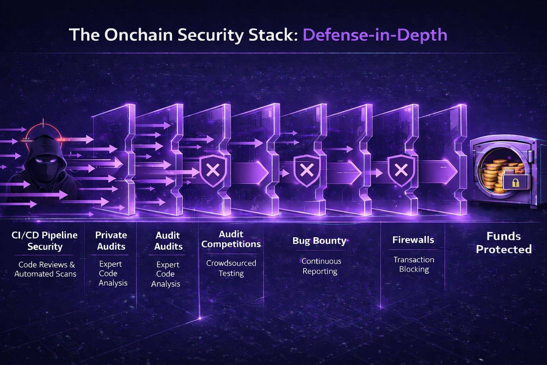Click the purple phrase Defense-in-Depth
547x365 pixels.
pos(375,35)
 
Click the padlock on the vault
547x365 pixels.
pos(515,183)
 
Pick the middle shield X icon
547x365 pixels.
pos(307,170)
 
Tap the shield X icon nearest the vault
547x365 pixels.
pos(401,170)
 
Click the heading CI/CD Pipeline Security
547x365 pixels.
pos(45,241)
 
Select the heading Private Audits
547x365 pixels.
pos(111,241)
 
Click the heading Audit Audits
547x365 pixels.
pos(168,241)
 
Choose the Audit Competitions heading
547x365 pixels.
pos(231,239)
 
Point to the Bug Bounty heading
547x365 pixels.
pos(319,241)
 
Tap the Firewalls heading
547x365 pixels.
pos(413,240)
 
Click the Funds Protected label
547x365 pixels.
pos(503,242)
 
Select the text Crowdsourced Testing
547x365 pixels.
pos(231,268)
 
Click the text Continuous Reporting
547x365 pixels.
pos(321,266)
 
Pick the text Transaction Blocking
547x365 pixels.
pos(414,264)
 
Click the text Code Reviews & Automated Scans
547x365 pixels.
pos(45,269)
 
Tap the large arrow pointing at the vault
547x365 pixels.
pos(440,172)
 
